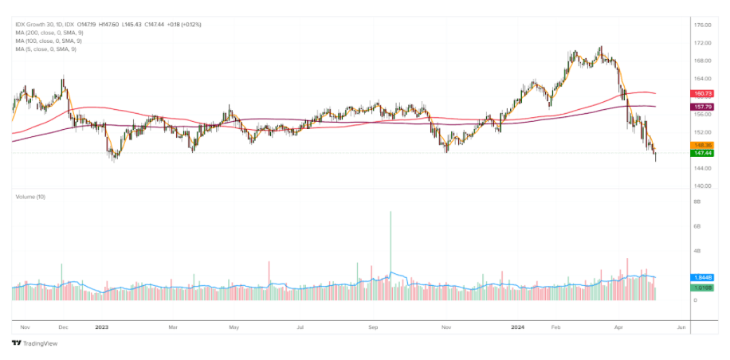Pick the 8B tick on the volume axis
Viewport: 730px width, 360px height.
point(696,202)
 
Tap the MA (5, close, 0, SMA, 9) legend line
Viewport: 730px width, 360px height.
point(44,49)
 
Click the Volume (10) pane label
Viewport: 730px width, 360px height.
point(31,196)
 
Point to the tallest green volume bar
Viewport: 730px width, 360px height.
point(391,255)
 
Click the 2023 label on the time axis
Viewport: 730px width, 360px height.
point(101,327)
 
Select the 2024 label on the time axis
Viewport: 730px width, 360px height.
point(516,327)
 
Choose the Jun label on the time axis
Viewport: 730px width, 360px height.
point(681,327)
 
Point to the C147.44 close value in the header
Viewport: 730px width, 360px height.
point(153,25)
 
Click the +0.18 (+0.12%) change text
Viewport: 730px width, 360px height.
point(184,25)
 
